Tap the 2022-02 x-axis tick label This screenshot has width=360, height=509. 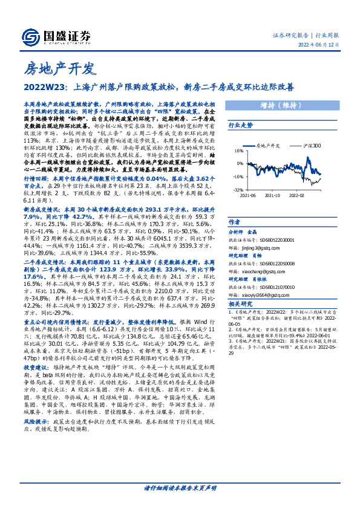pos(296,196)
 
